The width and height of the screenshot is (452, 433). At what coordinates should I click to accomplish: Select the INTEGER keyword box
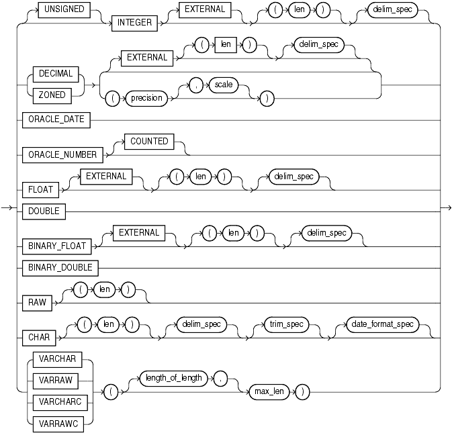pyautogui.click(x=135, y=23)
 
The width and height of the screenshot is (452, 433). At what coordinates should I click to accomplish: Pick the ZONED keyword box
pyautogui.click(x=51, y=95)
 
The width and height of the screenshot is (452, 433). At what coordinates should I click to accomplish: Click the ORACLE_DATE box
pyautogui.click(x=51, y=121)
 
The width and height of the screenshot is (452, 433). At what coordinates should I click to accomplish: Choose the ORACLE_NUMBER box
pyautogui.click(x=56, y=154)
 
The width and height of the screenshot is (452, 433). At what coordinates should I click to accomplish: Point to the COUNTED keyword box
pyautogui.click(x=144, y=142)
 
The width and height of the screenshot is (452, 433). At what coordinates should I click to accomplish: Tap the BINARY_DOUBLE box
pyautogui.click(x=56, y=268)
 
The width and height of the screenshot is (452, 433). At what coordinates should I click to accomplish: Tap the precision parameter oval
pyautogui.click(x=146, y=98)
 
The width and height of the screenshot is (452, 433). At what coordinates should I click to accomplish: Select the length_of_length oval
pyautogui.click(x=173, y=378)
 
